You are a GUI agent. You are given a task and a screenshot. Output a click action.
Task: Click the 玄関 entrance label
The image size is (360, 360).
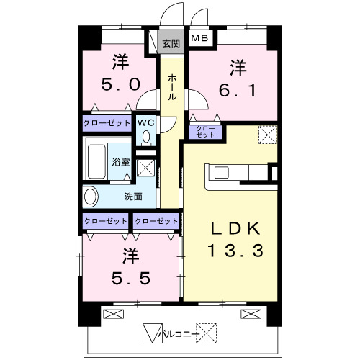click(171, 44)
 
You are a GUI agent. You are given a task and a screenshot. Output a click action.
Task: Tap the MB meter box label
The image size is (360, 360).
click(199, 38)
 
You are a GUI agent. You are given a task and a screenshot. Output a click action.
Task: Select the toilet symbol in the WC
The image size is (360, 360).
click(145, 139)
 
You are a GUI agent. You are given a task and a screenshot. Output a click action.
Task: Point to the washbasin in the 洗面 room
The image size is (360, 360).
click(90, 197)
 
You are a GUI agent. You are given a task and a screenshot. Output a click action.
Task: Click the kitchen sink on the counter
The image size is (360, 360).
click(222, 173)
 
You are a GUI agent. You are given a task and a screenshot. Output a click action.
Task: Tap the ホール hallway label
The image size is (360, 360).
click(172, 87)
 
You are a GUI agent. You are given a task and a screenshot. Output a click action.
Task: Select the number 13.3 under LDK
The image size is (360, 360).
click(235, 251)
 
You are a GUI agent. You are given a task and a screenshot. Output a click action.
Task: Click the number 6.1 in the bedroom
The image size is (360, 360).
click(238, 90)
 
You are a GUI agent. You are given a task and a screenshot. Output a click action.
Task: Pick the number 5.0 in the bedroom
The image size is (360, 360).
click(120, 84)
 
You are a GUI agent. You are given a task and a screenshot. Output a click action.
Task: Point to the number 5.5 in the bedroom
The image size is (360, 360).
click(131, 278)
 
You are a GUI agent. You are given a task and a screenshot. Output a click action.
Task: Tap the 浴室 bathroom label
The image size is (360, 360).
click(121, 162)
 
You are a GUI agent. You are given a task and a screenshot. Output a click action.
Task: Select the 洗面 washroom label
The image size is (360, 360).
click(133, 197)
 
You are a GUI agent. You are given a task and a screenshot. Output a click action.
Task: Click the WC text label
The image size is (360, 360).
click(145, 123)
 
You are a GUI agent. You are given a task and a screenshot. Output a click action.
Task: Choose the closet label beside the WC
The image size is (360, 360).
click(107, 123)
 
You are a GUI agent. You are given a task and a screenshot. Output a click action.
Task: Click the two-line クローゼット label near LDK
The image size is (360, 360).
click(205, 132)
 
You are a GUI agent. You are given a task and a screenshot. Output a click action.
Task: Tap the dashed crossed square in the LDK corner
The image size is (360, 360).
click(268, 135)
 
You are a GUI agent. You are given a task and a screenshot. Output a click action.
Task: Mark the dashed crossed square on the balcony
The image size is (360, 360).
click(206, 333)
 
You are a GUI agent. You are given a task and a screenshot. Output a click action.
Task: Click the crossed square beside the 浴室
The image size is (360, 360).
click(145, 168)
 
